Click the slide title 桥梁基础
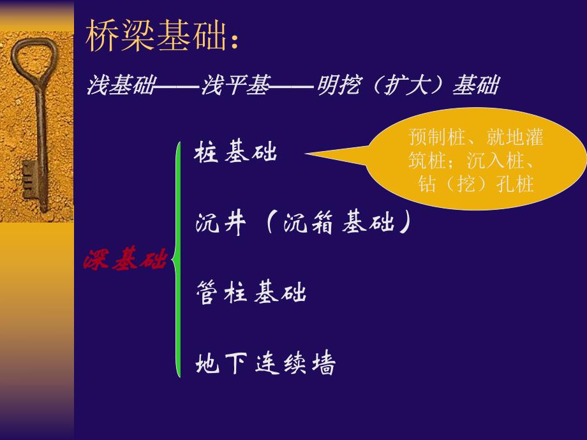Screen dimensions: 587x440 point(156,38)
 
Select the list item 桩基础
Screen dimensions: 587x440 point(236,154)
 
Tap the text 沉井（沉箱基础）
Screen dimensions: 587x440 point(302,224)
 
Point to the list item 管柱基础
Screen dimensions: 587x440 point(251,293)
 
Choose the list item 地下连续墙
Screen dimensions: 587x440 point(265,364)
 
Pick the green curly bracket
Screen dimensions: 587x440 point(178,260)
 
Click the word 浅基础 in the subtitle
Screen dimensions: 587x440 point(121,85)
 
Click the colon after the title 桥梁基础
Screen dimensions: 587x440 point(235,42)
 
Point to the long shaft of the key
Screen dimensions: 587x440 point(41,140)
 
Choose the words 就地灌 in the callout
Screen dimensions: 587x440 point(514,138)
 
